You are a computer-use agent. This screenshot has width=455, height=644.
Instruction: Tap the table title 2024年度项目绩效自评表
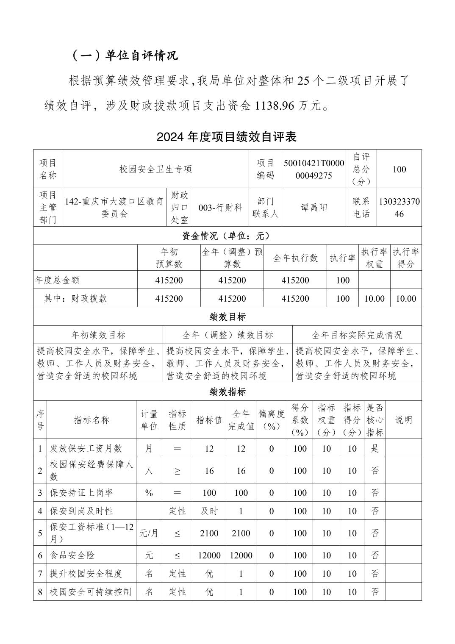227,137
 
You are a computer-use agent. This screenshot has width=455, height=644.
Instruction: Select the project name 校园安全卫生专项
155,169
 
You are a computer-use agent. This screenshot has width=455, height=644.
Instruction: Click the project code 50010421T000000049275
314,169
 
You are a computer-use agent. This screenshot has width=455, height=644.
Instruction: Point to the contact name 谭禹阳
314,208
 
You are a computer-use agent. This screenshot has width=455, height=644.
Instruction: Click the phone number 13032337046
399,208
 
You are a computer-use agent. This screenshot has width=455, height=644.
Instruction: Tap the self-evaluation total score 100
399,169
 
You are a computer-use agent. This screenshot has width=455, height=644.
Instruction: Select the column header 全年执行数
295,258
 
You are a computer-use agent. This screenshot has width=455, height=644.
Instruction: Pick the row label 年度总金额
58,280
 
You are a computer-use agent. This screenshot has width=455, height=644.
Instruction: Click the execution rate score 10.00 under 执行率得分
405,299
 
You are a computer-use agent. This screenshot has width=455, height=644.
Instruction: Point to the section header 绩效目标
227,317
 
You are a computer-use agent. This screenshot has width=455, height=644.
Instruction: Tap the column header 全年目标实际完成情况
357,335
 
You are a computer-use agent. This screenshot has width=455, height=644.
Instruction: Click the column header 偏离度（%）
272,420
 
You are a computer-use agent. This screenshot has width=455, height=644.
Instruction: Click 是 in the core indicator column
375,448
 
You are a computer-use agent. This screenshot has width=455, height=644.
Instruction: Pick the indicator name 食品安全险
72,555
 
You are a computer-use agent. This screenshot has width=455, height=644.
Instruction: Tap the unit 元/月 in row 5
149,533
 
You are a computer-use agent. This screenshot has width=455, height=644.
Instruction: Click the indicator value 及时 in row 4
209,511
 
